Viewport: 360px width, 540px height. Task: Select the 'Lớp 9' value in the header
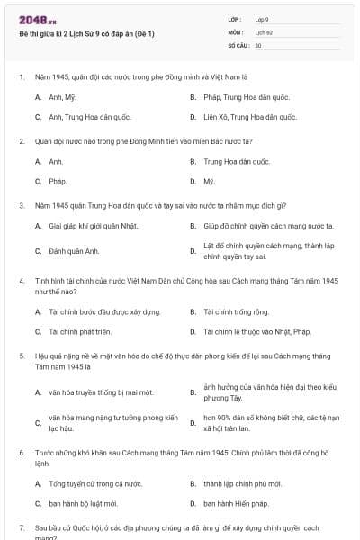262,19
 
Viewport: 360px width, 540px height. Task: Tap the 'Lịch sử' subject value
263,31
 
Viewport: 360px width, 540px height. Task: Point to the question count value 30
258,45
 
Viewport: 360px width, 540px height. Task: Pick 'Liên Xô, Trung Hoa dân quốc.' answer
249,117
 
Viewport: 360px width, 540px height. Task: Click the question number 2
21,141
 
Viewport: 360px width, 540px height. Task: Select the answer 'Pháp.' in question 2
58,181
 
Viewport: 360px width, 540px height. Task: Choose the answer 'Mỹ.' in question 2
209,181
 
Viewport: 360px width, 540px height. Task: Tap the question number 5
21,357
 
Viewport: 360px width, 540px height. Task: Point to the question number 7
21,528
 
